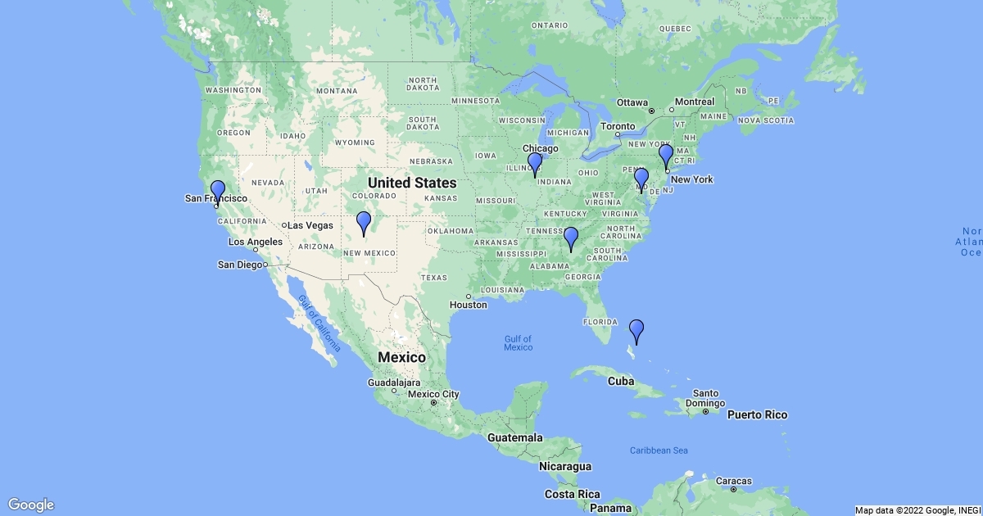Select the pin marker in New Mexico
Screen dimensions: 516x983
click(x=363, y=221)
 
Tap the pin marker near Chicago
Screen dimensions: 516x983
click(x=535, y=162)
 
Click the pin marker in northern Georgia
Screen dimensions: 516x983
click(x=571, y=237)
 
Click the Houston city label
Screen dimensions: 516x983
click(x=469, y=305)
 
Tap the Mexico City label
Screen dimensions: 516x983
click(x=434, y=394)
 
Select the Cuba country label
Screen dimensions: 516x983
click(x=622, y=381)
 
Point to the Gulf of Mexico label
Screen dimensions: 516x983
click(x=518, y=343)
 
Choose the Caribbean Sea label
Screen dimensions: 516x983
click(x=659, y=450)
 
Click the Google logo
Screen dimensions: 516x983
click(x=31, y=505)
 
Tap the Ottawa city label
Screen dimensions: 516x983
click(x=632, y=102)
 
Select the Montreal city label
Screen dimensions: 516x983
click(x=695, y=102)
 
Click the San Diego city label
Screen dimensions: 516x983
click(x=240, y=265)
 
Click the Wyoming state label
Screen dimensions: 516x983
click(x=355, y=143)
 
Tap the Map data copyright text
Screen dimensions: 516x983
click(x=917, y=510)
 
